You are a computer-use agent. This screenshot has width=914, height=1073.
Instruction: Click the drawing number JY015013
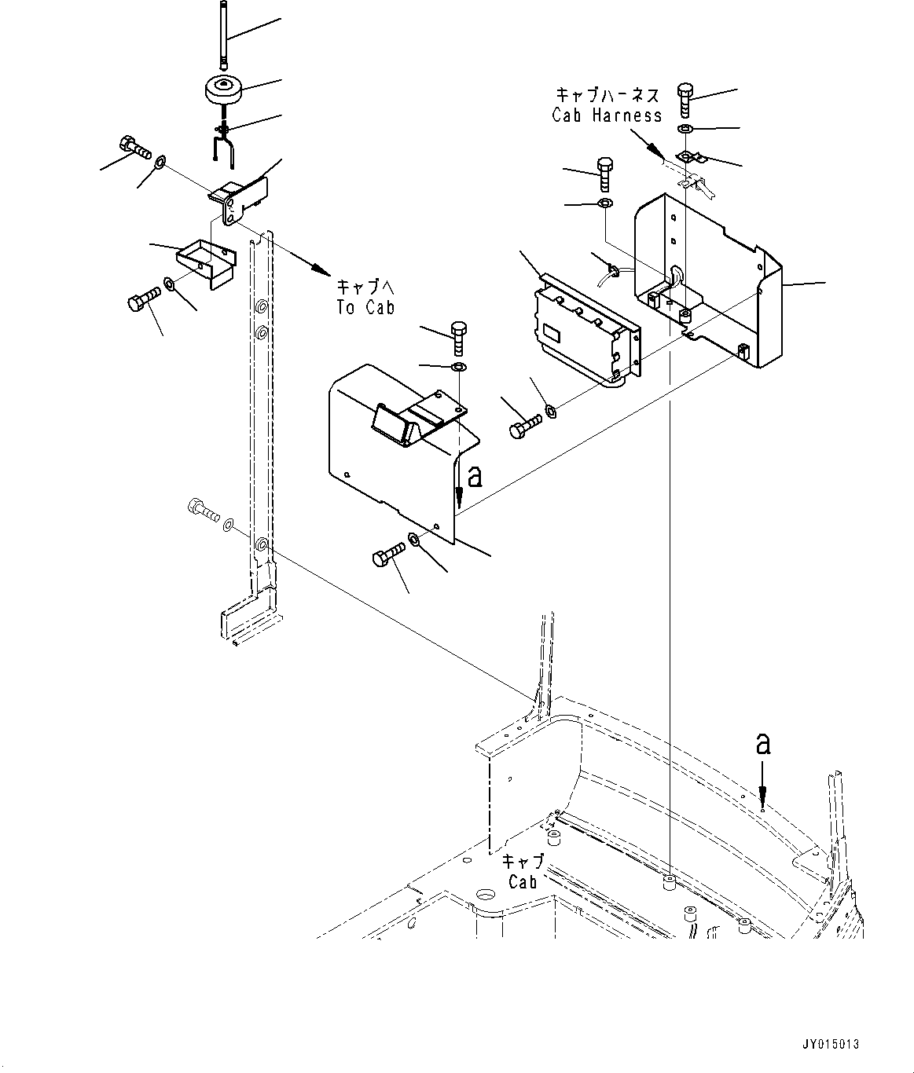(831, 1045)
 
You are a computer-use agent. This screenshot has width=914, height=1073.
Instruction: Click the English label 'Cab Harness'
(607, 115)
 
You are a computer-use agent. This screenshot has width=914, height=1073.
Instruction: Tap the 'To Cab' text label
(365, 307)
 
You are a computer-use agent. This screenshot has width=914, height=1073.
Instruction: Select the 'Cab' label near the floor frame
(523, 881)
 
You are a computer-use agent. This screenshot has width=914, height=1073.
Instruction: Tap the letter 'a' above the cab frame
(762, 743)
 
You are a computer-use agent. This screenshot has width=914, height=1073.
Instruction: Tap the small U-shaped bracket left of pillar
(204, 262)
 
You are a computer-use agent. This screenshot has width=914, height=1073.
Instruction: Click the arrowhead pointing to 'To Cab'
(320, 269)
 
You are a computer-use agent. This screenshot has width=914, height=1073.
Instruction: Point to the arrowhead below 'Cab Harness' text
(654, 148)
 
